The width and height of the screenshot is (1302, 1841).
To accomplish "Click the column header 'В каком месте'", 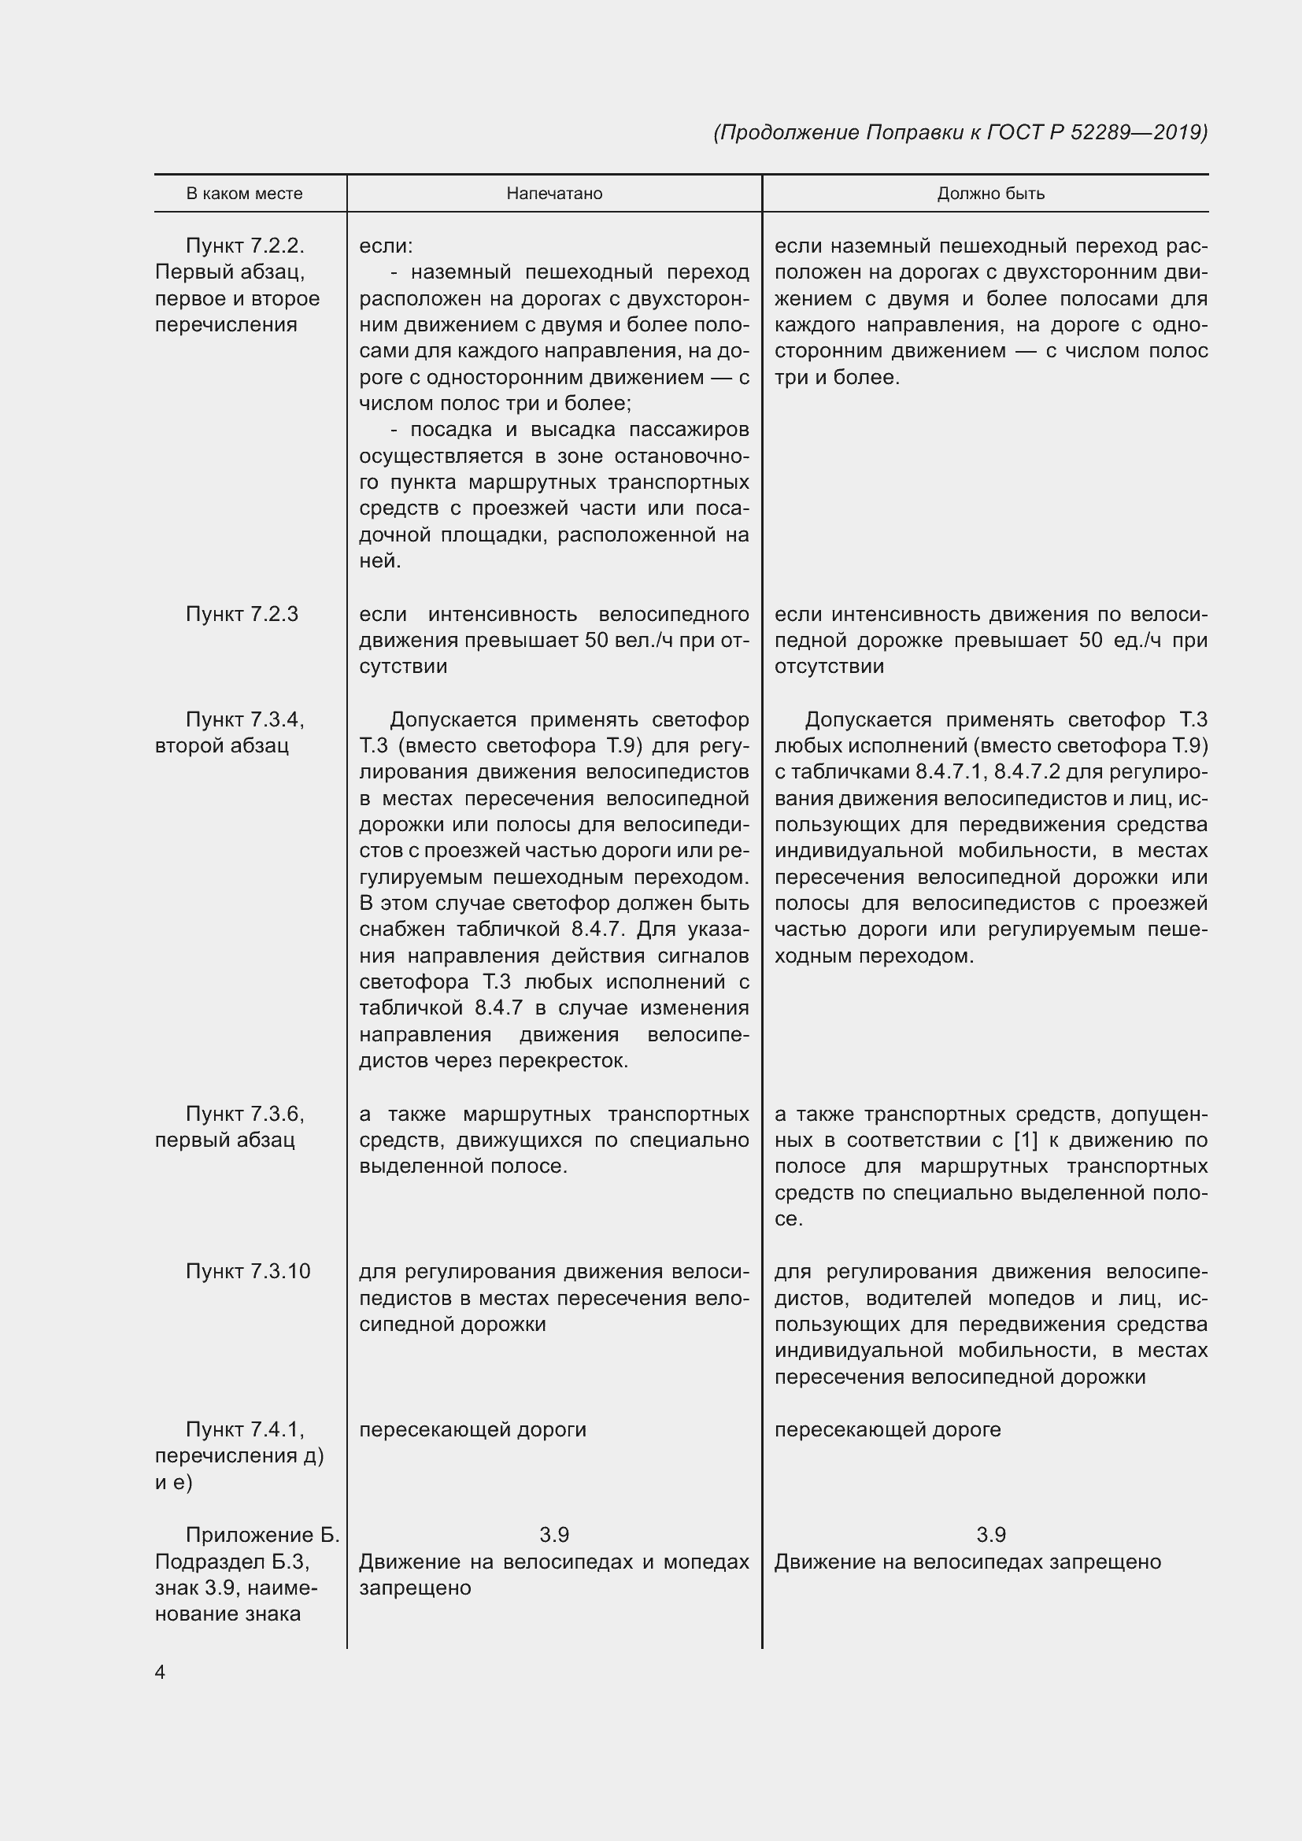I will [x=245, y=194].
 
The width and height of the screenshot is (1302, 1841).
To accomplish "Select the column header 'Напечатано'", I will [x=554, y=194].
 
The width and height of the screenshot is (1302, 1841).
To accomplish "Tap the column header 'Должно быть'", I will [x=991, y=194].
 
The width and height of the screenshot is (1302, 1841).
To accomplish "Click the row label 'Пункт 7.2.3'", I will [x=242, y=614].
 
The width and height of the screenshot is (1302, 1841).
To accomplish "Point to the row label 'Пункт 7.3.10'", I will [x=248, y=1272].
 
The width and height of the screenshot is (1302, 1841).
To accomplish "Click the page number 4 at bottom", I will [x=161, y=1672].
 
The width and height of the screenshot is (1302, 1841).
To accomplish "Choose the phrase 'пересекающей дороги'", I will [x=472, y=1429].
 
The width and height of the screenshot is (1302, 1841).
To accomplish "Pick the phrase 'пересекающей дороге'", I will [x=887, y=1429].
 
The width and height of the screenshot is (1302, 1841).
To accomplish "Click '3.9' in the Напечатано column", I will [x=554, y=1535].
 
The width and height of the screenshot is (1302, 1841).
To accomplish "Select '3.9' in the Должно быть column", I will [x=991, y=1535].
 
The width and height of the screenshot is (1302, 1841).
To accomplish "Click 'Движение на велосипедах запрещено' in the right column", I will [x=967, y=1561].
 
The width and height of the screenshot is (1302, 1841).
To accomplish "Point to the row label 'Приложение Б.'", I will [x=262, y=1535].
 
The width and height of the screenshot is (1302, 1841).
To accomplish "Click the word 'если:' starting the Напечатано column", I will [x=386, y=246].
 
